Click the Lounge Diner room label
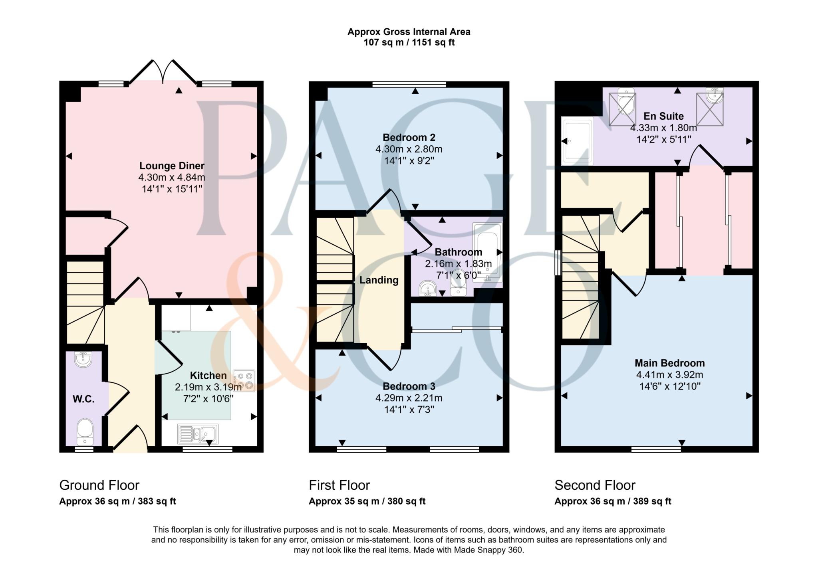(172, 166)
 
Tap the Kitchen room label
(208, 376)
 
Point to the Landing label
(379, 280)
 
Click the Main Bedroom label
(670, 363)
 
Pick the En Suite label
(663, 116)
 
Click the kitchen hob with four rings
(244, 381)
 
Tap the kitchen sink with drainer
(198, 434)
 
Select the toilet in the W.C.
(85, 431)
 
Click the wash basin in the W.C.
(83, 358)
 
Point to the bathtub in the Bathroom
(487, 252)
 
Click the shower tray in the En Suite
(577, 141)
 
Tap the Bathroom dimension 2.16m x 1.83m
(458, 264)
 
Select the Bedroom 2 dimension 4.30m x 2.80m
(409, 149)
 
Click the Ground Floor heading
(99, 485)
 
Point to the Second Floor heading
(595, 485)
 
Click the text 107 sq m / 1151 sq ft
(409, 42)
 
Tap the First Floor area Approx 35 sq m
(344, 501)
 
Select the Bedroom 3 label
(409, 386)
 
